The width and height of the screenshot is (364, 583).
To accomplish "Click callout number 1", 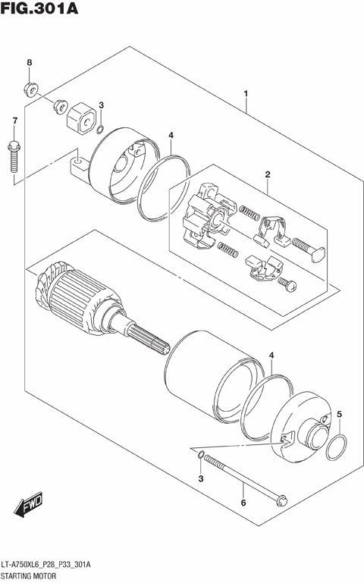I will coord(246,93).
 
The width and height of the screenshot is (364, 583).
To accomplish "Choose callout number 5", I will coord(340,414).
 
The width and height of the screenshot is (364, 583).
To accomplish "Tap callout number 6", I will coord(243,503).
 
